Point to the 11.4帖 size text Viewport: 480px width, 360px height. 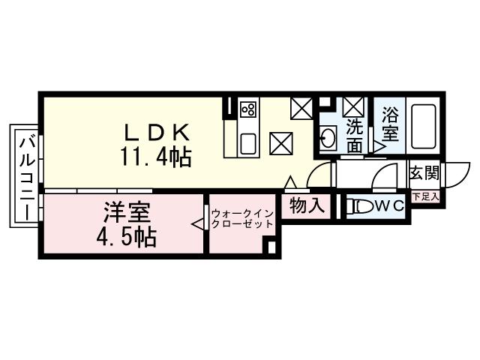pos(155,157)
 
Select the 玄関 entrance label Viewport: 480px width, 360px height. pos(424,173)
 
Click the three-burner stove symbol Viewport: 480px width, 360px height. pos(248,109)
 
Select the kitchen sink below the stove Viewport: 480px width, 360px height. pos(248,142)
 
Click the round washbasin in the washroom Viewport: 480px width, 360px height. pos(328,137)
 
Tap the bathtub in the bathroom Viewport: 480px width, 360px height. pos(424,127)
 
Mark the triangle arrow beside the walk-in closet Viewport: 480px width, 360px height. pos(198,223)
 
